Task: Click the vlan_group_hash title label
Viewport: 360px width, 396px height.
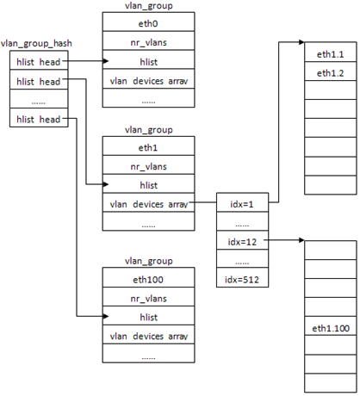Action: tap(36, 43)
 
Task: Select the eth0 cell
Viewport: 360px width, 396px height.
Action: tap(148, 22)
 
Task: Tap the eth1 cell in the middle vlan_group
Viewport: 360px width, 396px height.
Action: tap(148, 146)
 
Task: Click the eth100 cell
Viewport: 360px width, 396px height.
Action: tap(148, 277)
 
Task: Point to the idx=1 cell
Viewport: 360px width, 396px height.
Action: tap(242, 202)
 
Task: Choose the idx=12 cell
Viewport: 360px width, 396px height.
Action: tap(242, 240)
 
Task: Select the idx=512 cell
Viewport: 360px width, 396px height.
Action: tap(242, 277)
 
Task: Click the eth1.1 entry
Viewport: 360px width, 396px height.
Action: tap(331, 52)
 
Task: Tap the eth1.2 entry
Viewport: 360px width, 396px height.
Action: tap(331, 71)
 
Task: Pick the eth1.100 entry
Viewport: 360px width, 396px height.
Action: tap(331, 326)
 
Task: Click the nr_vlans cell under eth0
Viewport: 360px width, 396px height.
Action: tap(148, 40)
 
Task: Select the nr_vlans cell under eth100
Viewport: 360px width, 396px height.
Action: tap(148, 296)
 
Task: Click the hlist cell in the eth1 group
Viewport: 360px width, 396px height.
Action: tap(148, 183)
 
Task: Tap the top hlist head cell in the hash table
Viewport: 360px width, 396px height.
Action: tap(39, 60)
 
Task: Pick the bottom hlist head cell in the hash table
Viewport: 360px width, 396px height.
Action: tap(39, 118)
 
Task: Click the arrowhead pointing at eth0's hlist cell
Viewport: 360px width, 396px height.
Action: tap(106, 61)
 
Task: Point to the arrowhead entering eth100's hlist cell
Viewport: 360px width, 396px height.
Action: tap(106, 316)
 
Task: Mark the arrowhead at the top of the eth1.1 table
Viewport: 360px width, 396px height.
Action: tap(301, 42)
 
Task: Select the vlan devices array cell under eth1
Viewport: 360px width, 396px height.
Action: tap(148, 202)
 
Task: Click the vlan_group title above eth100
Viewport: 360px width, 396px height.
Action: tap(149, 262)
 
